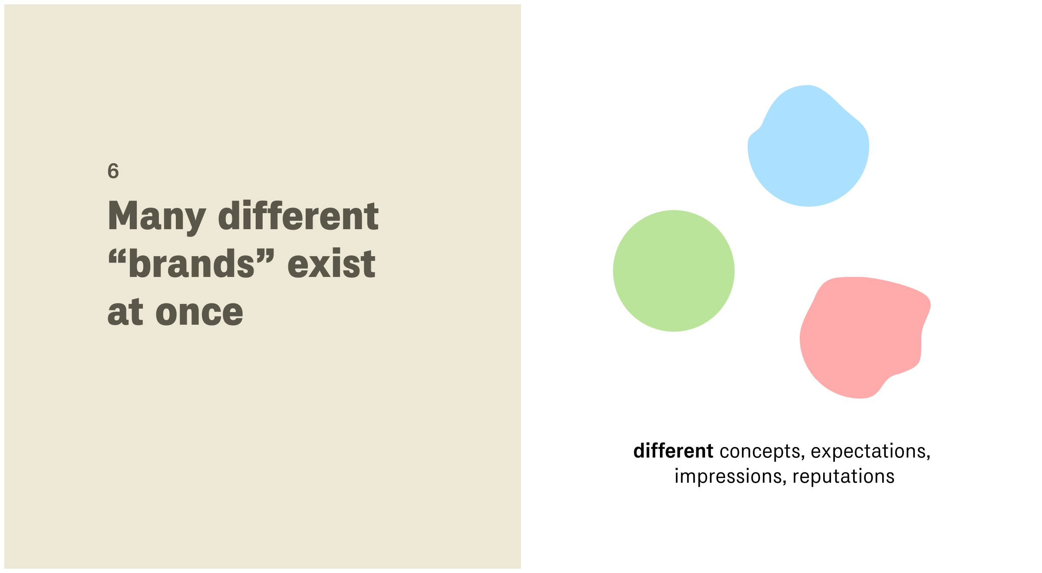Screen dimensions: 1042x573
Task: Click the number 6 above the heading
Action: coord(113,171)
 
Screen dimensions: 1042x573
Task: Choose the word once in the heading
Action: coord(199,313)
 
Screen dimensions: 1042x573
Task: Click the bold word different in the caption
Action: coord(673,451)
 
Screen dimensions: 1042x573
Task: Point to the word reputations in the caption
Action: coord(843,477)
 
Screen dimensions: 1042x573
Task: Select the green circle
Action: coord(674,271)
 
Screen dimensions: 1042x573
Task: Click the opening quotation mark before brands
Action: coord(117,256)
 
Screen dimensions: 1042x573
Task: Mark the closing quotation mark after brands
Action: coord(265,256)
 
